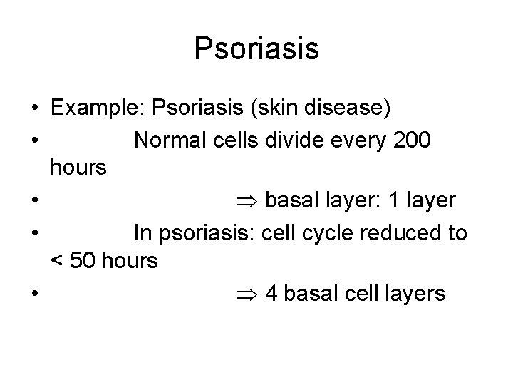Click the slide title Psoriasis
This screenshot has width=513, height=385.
tap(256, 48)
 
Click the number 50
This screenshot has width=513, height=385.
tap(82, 262)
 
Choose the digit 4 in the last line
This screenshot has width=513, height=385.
tap(271, 294)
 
